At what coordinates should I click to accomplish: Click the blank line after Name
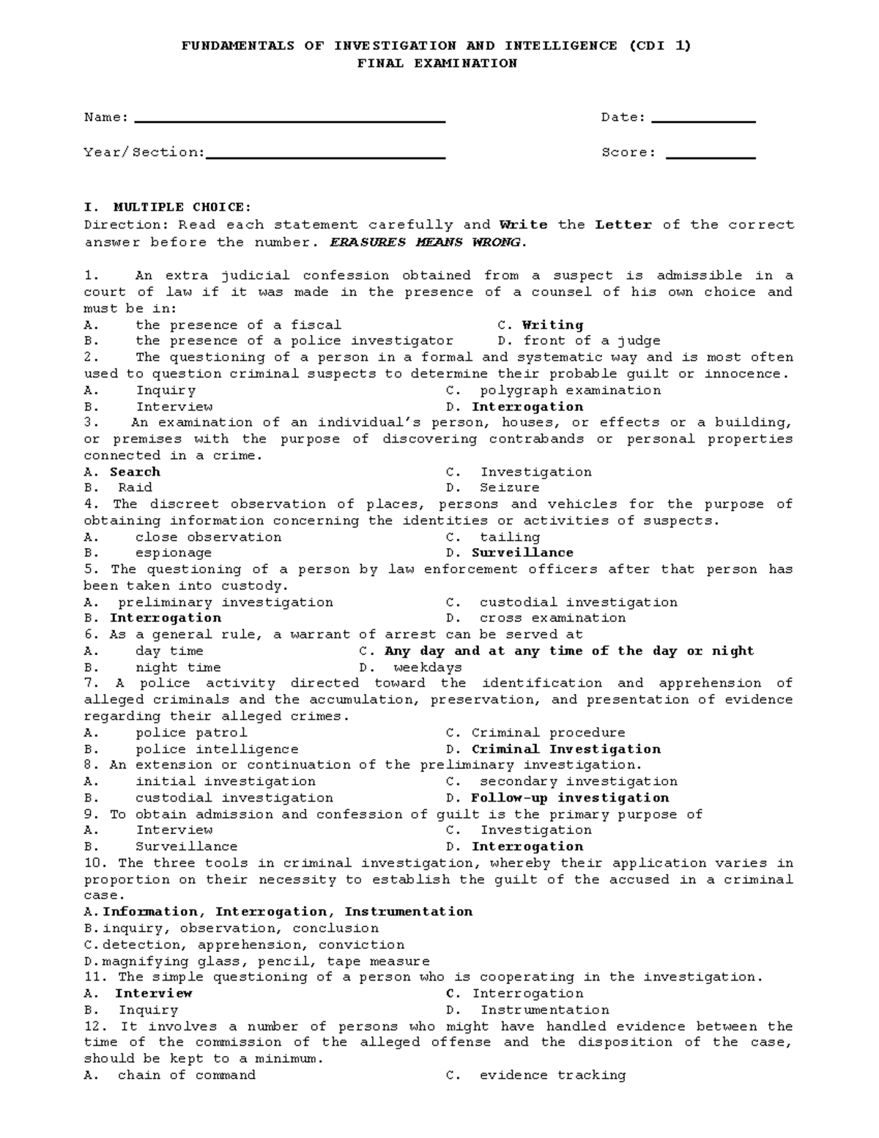290,120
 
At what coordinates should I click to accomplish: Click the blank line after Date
703,120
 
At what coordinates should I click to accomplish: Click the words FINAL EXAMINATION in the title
437,63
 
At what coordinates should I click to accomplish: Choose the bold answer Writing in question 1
552,325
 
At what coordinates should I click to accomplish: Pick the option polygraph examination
570,391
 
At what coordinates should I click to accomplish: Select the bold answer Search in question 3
135,472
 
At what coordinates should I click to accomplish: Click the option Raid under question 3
135,488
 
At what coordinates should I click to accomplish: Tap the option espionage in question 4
174,553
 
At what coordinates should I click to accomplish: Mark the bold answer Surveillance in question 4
522,553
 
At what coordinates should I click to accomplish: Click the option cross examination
552,618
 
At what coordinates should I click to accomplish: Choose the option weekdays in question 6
428,668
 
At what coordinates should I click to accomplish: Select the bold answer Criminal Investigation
565,749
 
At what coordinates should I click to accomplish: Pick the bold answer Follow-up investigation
570,798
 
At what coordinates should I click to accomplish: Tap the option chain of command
187,1075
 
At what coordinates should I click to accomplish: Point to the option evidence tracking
552,1075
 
